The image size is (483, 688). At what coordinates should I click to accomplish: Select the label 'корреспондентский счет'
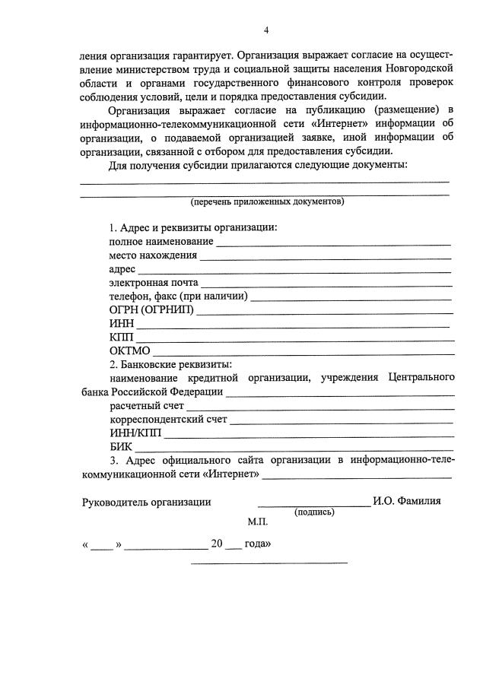coord(167,420)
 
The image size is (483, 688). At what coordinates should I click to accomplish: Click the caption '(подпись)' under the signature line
coord(314,512)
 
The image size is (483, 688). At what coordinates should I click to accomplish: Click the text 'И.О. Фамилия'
coord(408,502)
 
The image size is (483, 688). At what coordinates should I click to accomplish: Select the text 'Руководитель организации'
coord(146,502)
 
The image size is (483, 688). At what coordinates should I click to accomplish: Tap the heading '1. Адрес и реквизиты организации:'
coord(193,228)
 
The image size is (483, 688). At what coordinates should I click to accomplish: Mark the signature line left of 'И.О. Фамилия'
coord(313,505)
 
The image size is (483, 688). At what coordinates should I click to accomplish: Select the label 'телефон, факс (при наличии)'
coord(179,297)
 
